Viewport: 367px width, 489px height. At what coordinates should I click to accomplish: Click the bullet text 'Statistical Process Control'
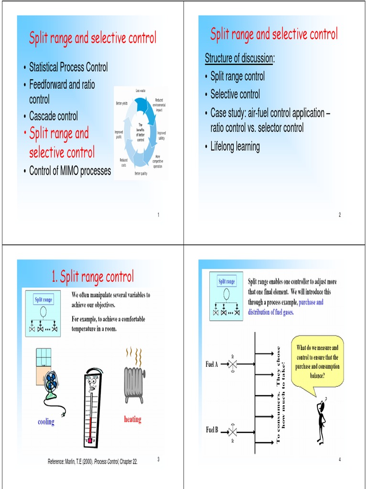tap(68, 67)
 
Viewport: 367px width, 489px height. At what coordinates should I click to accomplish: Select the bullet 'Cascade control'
tap(54, 116)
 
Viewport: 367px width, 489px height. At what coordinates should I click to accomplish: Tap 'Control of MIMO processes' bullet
tap(70, 171)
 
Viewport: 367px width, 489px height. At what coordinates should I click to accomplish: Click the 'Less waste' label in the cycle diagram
tap(140, 90)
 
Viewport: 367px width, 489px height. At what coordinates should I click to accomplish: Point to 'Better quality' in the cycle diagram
tap(141, 173)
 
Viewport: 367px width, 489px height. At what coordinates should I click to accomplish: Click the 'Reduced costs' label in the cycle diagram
tap(124, 163)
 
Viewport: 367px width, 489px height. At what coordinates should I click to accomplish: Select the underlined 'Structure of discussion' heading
tap(239, 58)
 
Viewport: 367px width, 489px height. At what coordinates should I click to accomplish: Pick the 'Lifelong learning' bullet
tap(235, 147)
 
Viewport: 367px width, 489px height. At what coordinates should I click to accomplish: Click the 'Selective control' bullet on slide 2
tap(235, 94)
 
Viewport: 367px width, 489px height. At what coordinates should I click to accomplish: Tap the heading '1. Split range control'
tap(92, 276)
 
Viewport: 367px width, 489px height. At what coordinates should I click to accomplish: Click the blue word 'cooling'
tap(46, 422)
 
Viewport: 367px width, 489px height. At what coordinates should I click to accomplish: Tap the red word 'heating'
tap(133, 419)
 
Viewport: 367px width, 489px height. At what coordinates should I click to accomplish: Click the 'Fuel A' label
tap(212, 364)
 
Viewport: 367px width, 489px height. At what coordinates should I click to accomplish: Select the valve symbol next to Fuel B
tap(233, 431)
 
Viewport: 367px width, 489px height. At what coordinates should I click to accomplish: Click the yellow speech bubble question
tap(317, 361)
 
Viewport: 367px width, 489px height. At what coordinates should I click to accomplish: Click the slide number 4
tap(339, 459)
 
